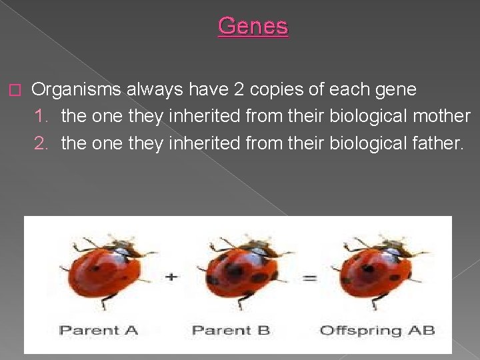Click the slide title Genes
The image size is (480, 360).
click(253, 26)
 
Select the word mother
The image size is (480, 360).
click(441, 115)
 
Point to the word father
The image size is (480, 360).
click(435, 142)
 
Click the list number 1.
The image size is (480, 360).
click(42, 115)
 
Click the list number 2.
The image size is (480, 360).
click(42, 142)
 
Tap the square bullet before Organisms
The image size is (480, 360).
click(17, 89)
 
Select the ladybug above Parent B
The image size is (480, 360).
click(243, 270)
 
